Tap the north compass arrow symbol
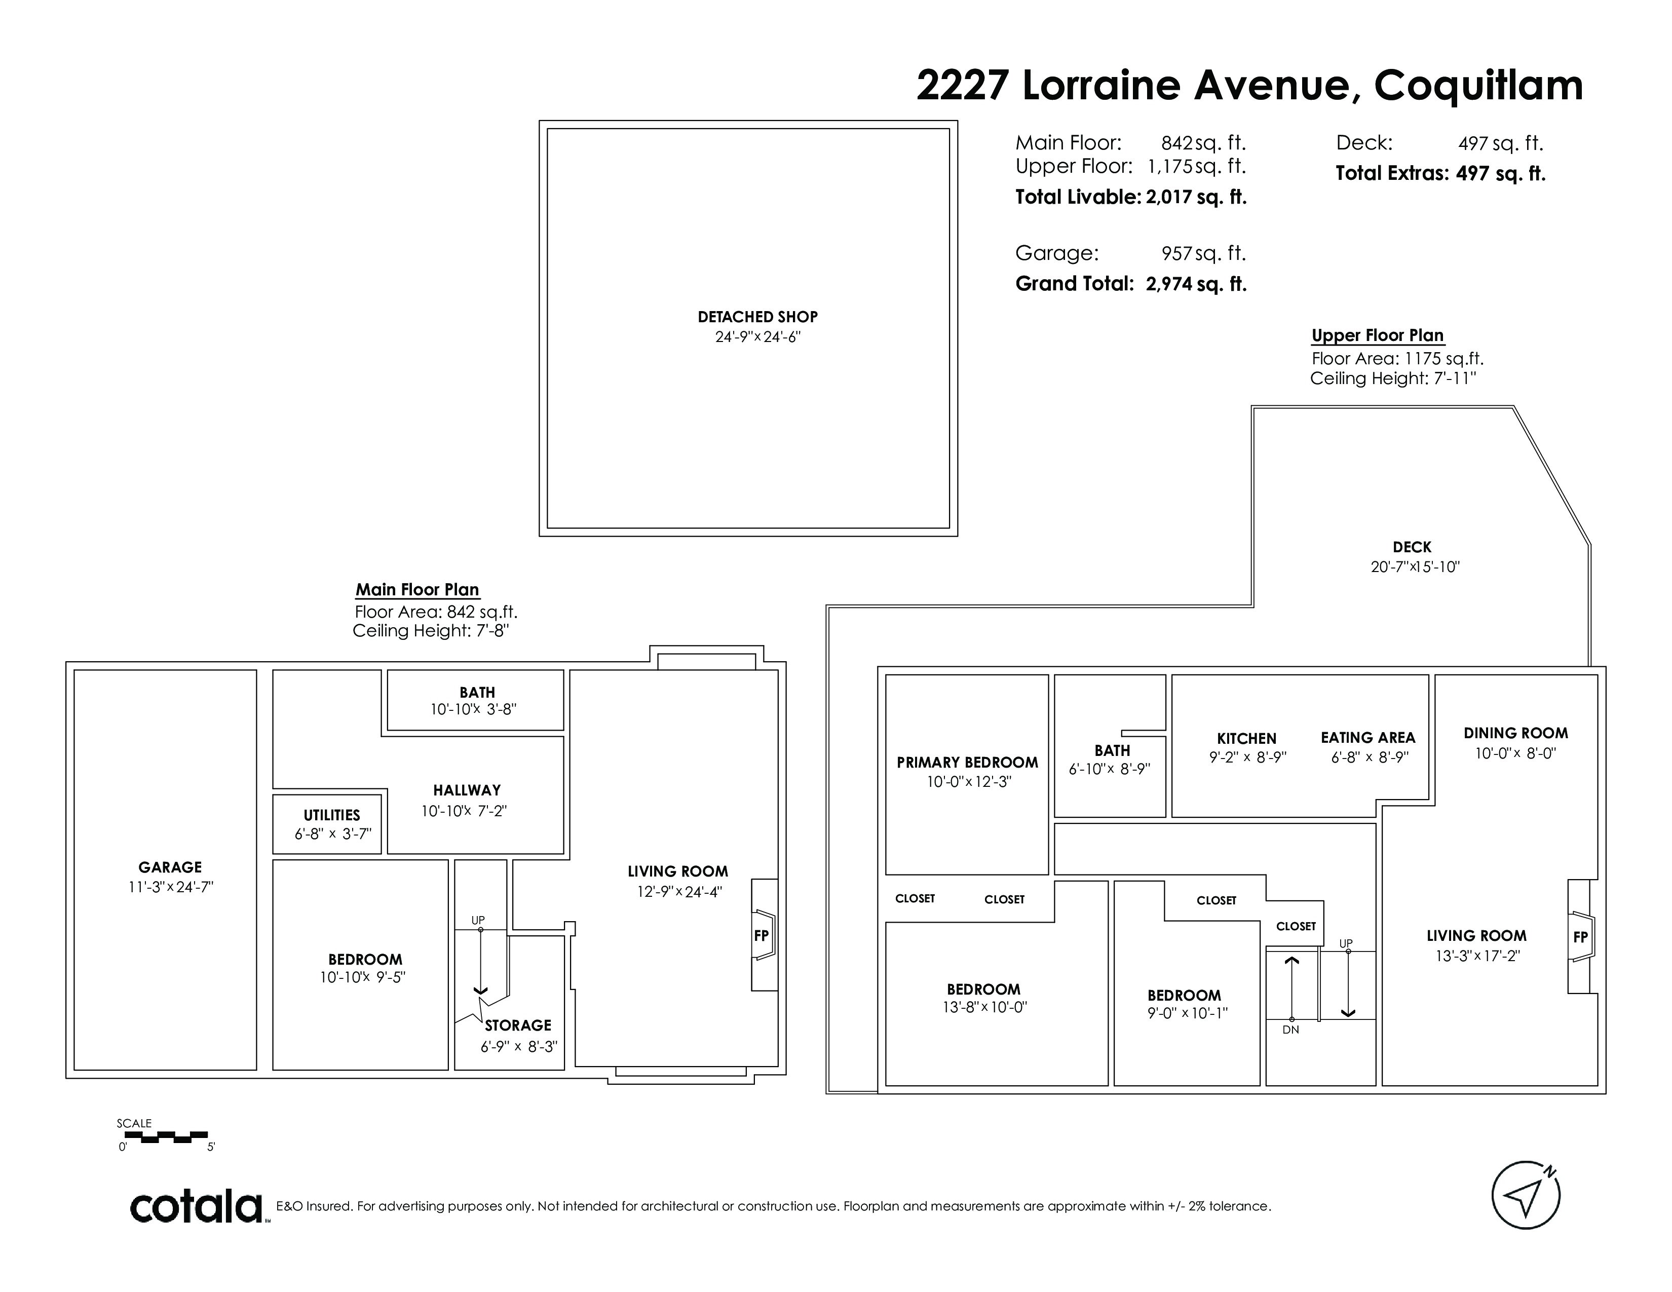1526,1196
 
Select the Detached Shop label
757,317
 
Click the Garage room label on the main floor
170,867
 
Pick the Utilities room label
331,815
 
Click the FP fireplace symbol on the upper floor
1581,936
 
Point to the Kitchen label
1246,739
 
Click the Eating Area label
1368,738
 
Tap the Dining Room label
1516,733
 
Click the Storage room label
517,1025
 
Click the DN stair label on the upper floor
1291,1030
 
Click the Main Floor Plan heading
417,589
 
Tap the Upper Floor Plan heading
1377,335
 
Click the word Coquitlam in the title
1478,86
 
